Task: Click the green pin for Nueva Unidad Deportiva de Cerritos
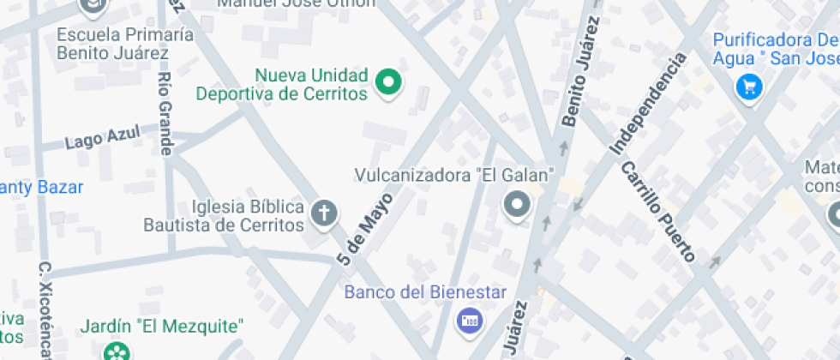click(x=390, y=82)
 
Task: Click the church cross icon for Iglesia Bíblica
click(x=324, y=213)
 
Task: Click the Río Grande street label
click(x=165, y=111)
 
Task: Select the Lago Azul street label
click(x=101, y=139)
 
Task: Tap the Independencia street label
click(x=648, y=105)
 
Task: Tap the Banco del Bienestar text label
click(x=426, y=292)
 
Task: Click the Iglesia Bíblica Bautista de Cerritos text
click(x=225, y=217)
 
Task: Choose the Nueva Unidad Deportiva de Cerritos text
click(x=282, y=84)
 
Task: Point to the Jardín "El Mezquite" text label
click(x=162, y=327)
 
